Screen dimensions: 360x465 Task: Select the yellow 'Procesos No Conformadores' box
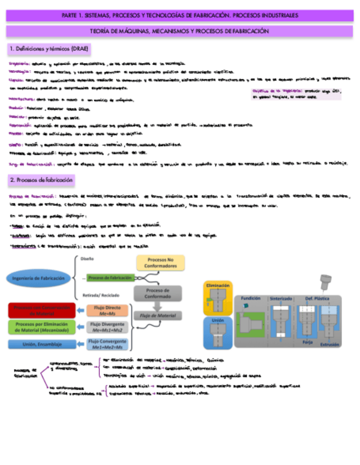(x=160, y=262)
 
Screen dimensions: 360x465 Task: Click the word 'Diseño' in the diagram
(x=87, y=258)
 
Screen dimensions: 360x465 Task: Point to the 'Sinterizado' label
(x=281, y=298)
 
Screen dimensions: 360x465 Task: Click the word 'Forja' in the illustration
(x=307, y=341)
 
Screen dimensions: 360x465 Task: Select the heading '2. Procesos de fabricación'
(x=42, y=180)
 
